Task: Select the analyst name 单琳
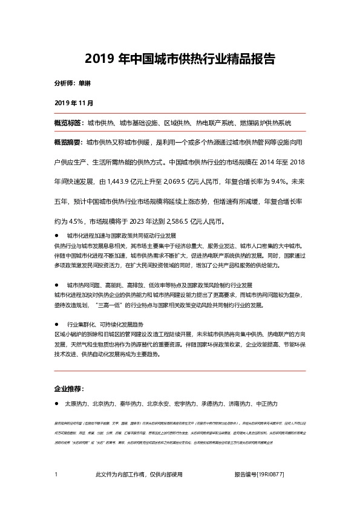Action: click(x=85, y=83)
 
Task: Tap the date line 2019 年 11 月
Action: click(x=74, y=103)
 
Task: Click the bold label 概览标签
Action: click(x=67, y=123)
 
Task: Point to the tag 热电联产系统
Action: click(x=215, y=123)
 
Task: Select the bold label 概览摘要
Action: click(x=67, y=143)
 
